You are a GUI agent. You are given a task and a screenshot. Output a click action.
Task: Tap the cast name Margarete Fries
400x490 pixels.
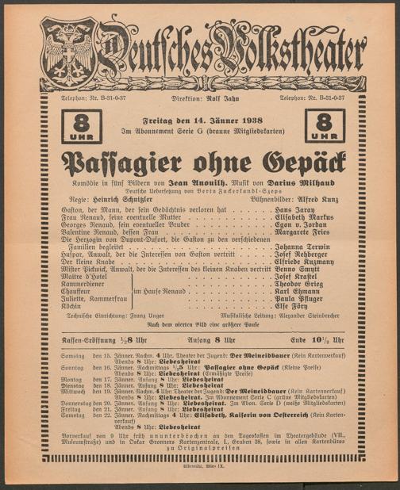tap(304, 235)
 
